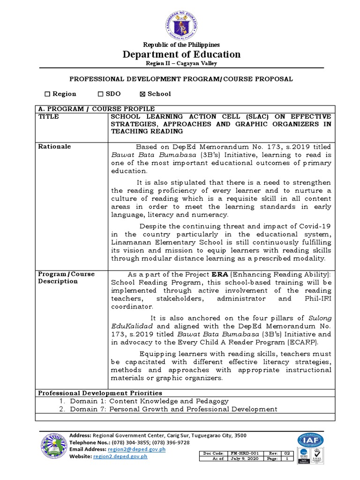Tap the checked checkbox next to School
pyautogui.click(x=143, y=94)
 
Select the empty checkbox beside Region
pyautogui.click(x=47, y=94)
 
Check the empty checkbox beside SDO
pyautogui.click(x=100, y=94)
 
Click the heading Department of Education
pyautogui.click(x=181, y=54)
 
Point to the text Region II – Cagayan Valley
pyautogui.click(x=181, y=63)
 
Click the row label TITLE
pyautogui.click(x=48, y=117)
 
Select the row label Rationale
pyautogui.click(x=54, y=146)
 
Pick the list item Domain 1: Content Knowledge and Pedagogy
pyautogui.click(x=149, y=401)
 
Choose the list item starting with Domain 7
pyautogui.click(x=173, y=409)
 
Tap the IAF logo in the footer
pyautogui.click(x=310, y=441)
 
